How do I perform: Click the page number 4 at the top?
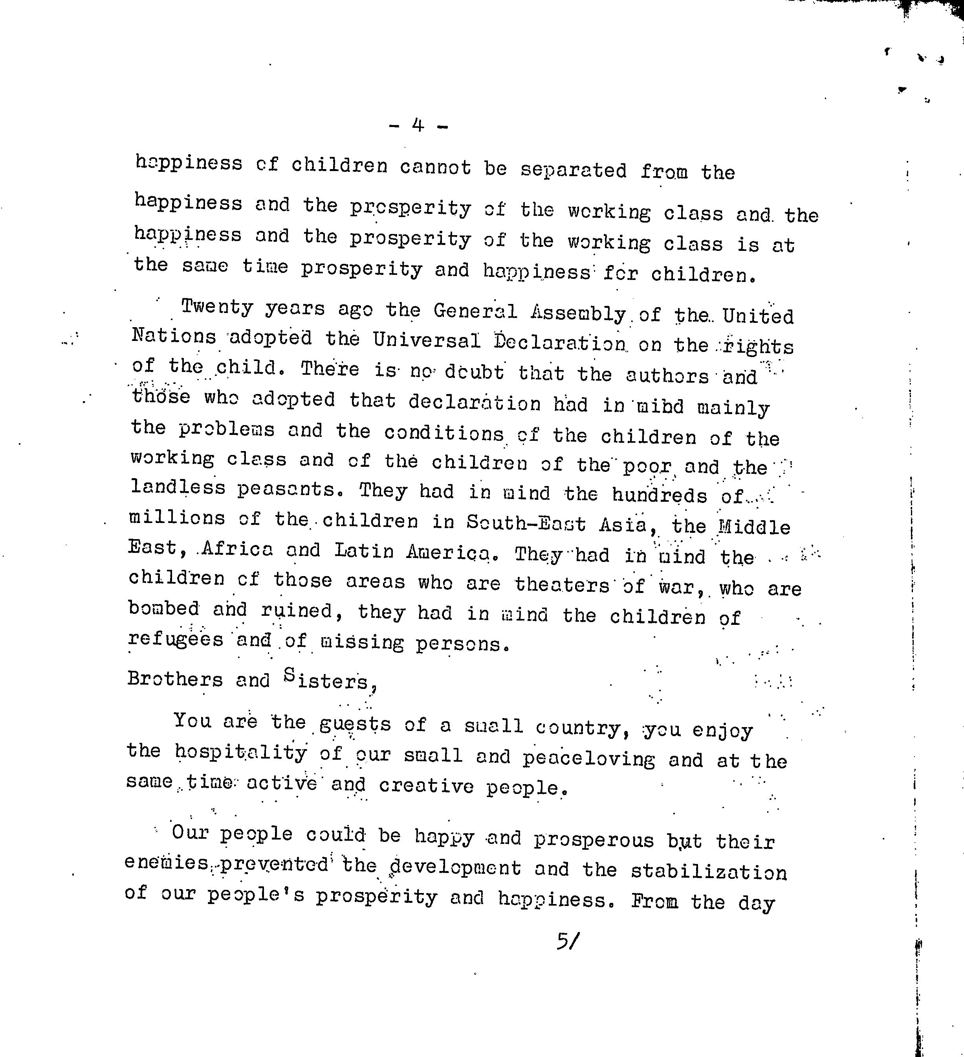pyautogui.click(x=418, y=125)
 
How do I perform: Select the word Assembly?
pyautogui.click(x=578, y=313)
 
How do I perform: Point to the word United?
pyautogui.click(x=758, y=317)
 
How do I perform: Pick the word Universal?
pyautogui.click(x=427, y=341)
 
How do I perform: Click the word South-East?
pyautogui.click(x=526, y=522)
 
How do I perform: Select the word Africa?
pyautogui.click(x=237, y=549)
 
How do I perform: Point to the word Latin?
pyautogui.click(x=364, y=551)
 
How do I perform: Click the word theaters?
pyautogui.click(x=562, y=584)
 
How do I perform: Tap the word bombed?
pyautogui.click(x=163, y=608)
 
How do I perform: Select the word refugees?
pyautogui.click(x=176, y=639)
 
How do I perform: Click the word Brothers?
pyautogui.click(x=175, y=679)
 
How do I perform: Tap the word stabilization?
pyautogui.click(x=708, y=872)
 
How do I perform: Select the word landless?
pyautogui.click(x=178, y=488)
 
